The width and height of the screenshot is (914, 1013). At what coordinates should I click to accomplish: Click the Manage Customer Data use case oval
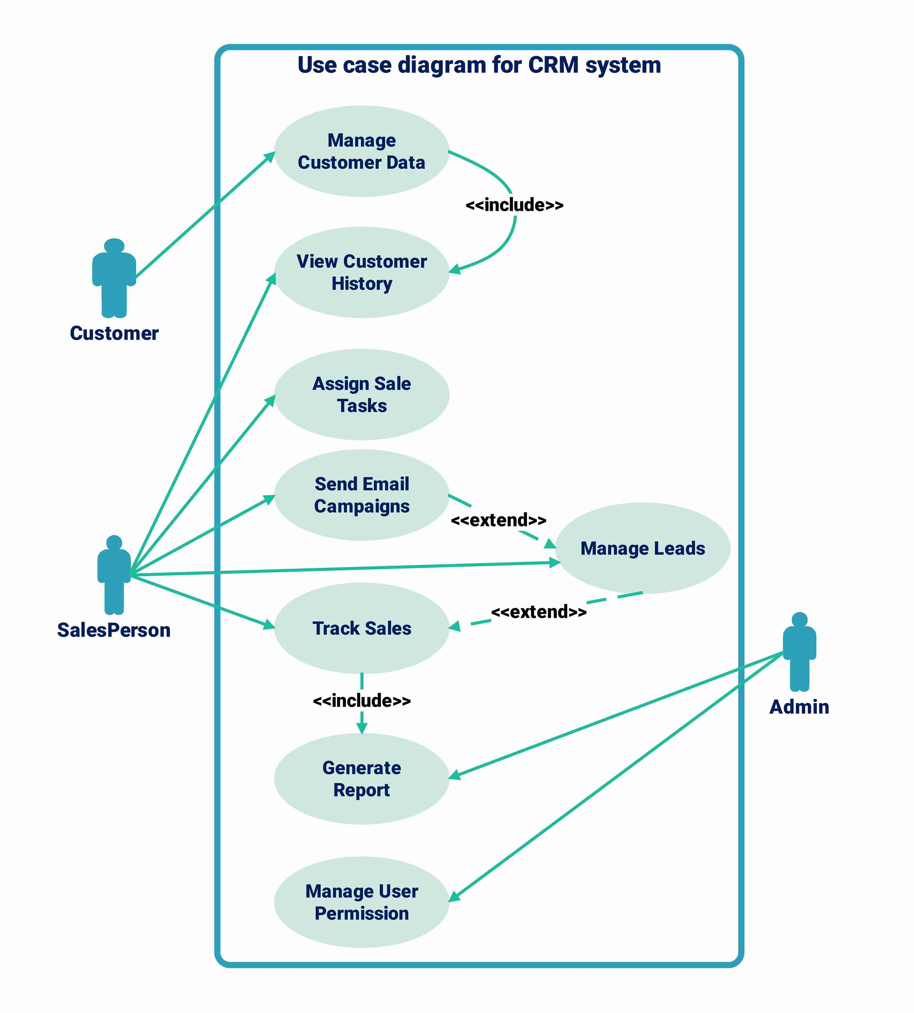click(x=362, y=151)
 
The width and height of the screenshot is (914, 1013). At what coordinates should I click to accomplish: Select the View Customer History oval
click(x=362, y=272)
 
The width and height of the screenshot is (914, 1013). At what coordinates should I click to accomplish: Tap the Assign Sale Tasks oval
click(x=362, y=394)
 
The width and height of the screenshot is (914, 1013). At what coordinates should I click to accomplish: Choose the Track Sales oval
click(x=362, y=628)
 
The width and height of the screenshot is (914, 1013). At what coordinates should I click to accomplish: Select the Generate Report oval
click(x=362, y=779)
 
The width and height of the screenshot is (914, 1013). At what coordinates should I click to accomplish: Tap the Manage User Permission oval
click(x=362, y=902)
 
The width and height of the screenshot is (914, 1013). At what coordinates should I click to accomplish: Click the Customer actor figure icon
click(x=114, y=278)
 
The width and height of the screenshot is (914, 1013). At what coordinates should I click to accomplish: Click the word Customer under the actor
click(x=114, y=333)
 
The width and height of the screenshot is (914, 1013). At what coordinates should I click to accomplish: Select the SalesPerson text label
click(x=114, y=630)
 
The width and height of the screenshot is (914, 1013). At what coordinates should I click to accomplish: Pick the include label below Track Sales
click(x=362, y=700)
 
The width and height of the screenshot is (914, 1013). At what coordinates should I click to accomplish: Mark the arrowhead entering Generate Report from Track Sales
click(x=362, y=729)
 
